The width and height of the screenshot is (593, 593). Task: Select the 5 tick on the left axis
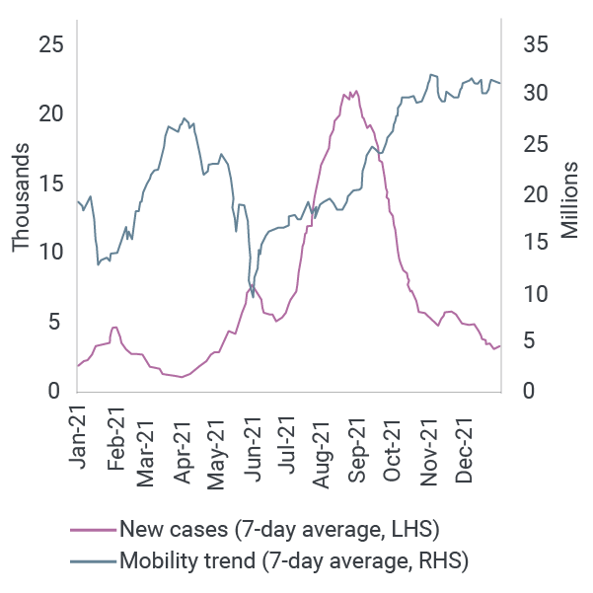pyautogui.click(x=57, y=322)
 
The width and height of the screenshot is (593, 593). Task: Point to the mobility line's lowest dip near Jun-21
pyautogui.click(x=254, y=296)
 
